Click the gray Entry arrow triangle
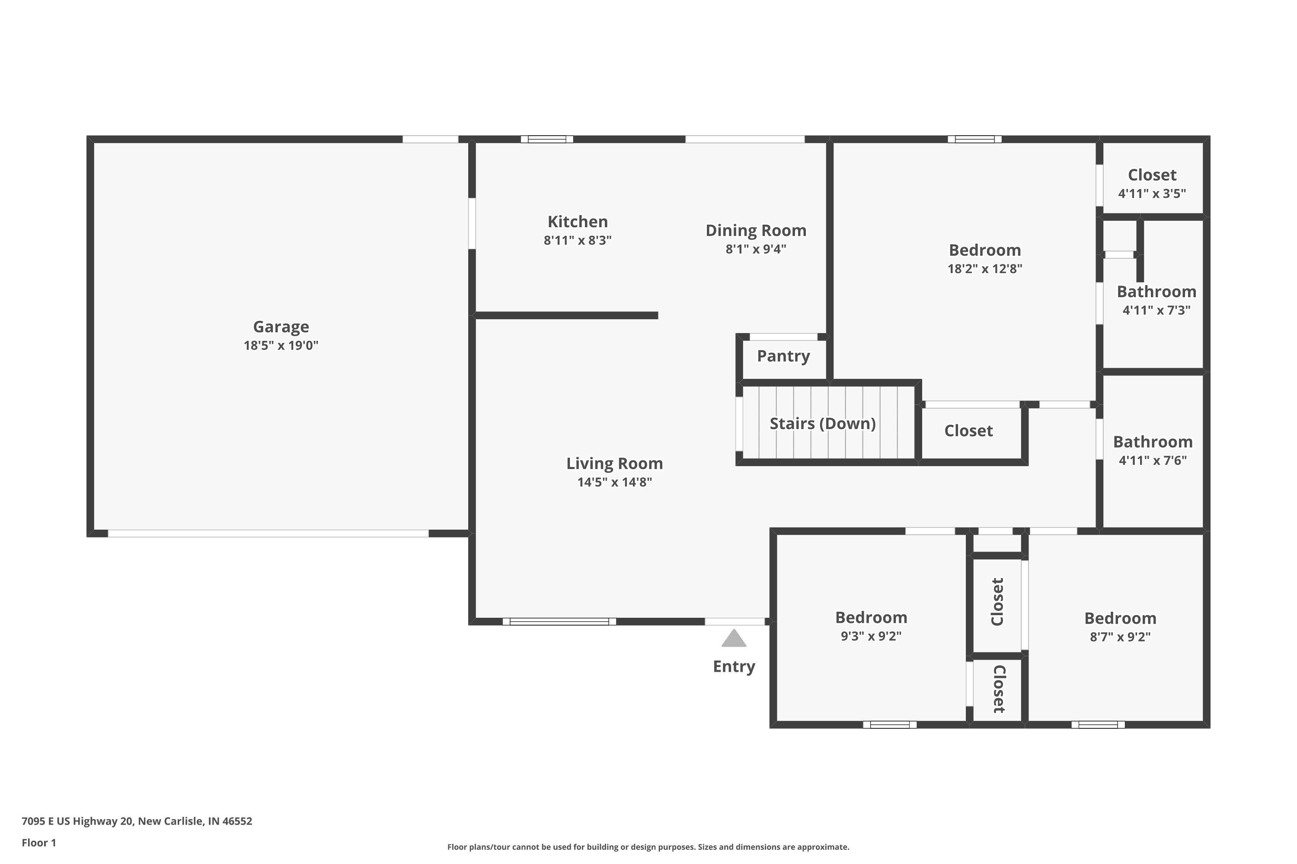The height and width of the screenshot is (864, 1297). coord(734,638)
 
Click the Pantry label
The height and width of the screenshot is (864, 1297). coord(783,356)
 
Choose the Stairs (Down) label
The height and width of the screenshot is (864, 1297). coord(822,423)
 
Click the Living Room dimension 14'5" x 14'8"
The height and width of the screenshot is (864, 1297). coord(614,482)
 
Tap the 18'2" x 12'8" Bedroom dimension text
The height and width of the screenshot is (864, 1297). coord(984,269)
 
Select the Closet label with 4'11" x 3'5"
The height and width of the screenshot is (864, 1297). coord(1152,175)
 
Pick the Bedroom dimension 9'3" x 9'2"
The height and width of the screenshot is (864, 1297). coord(871,636)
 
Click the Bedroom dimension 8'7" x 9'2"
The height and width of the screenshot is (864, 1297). coord(1120,637)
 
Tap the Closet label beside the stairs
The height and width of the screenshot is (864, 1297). coord(968,430)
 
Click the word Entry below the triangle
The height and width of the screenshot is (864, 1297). coord(734,666)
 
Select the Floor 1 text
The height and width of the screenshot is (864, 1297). coord(38,842)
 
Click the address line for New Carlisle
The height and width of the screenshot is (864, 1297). coord(137,821)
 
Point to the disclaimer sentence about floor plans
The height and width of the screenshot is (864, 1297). coord(648,847)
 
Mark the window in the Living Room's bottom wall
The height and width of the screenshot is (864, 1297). coord(559,622)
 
